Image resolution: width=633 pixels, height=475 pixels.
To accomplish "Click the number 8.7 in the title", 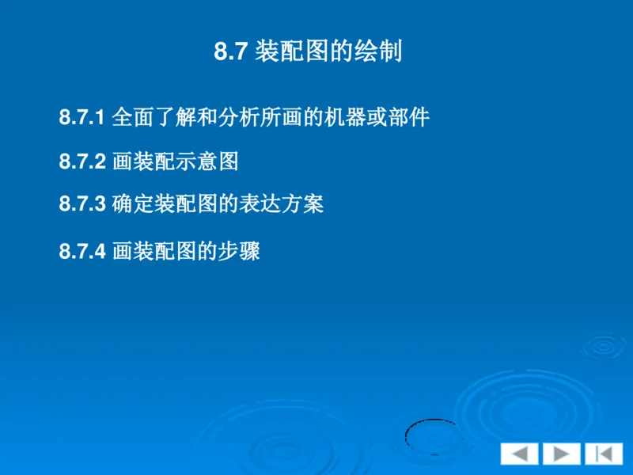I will tap(233, 52).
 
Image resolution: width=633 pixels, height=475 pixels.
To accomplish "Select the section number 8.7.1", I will tap(82, 119).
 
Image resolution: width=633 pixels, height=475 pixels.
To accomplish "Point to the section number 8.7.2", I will tap(82, 162).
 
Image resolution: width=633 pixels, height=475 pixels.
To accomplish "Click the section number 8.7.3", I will tap(82, 204).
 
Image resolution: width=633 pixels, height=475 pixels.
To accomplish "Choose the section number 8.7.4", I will tap(82, 253).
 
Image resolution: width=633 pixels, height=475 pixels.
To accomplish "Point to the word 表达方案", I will tap(282, 204).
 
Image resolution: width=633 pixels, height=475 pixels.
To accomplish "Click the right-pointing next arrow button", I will tap(561, 454).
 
